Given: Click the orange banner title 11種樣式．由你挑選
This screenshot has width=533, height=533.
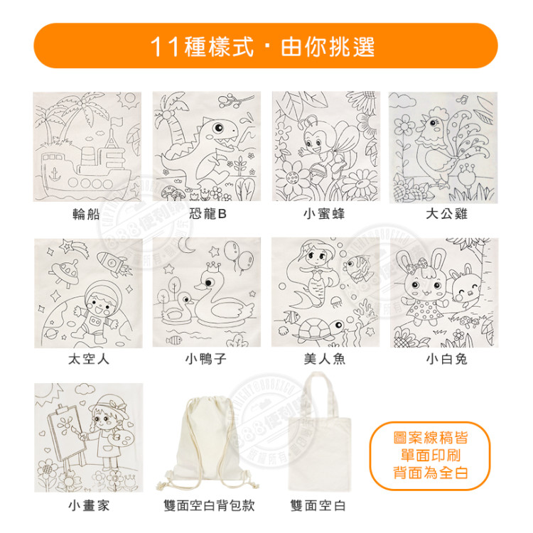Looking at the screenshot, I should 266,47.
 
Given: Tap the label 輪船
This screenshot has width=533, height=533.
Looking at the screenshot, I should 87,213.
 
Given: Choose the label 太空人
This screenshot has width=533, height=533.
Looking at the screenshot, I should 88,360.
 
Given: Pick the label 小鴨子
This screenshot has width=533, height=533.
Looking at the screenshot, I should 205,360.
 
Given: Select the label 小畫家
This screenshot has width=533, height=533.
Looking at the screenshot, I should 88,506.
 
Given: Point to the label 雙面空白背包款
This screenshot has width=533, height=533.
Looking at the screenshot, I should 208,506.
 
